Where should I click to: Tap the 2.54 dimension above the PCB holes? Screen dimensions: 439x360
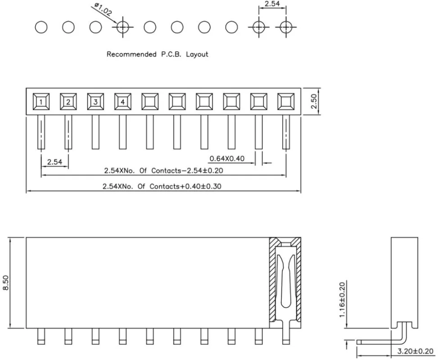tap(272, 4)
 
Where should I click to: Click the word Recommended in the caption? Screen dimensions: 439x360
tap(131, 54)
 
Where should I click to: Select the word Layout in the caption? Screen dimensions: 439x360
tap(197, 54)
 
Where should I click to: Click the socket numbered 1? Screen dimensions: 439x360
tap(41, 102)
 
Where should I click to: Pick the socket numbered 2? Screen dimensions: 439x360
tap(68, 102)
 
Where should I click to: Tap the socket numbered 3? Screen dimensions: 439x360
tap(95, 102)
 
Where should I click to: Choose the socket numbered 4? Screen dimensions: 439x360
tap(122, 102)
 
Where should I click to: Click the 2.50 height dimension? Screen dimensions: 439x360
tap(314, 101)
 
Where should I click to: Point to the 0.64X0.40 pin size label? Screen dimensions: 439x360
tap(227, 158)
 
